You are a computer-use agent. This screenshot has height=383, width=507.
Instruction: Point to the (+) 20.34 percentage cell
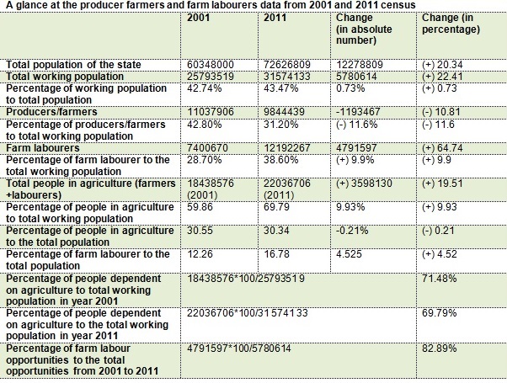click(440, 65)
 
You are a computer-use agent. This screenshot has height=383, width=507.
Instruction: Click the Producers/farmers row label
click(51, 111)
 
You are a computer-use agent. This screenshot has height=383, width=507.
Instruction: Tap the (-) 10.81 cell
click(440, 111)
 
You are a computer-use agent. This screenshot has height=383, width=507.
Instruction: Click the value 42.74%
click(204, 88)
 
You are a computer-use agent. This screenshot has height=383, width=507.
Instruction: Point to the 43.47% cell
click(280, 88)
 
